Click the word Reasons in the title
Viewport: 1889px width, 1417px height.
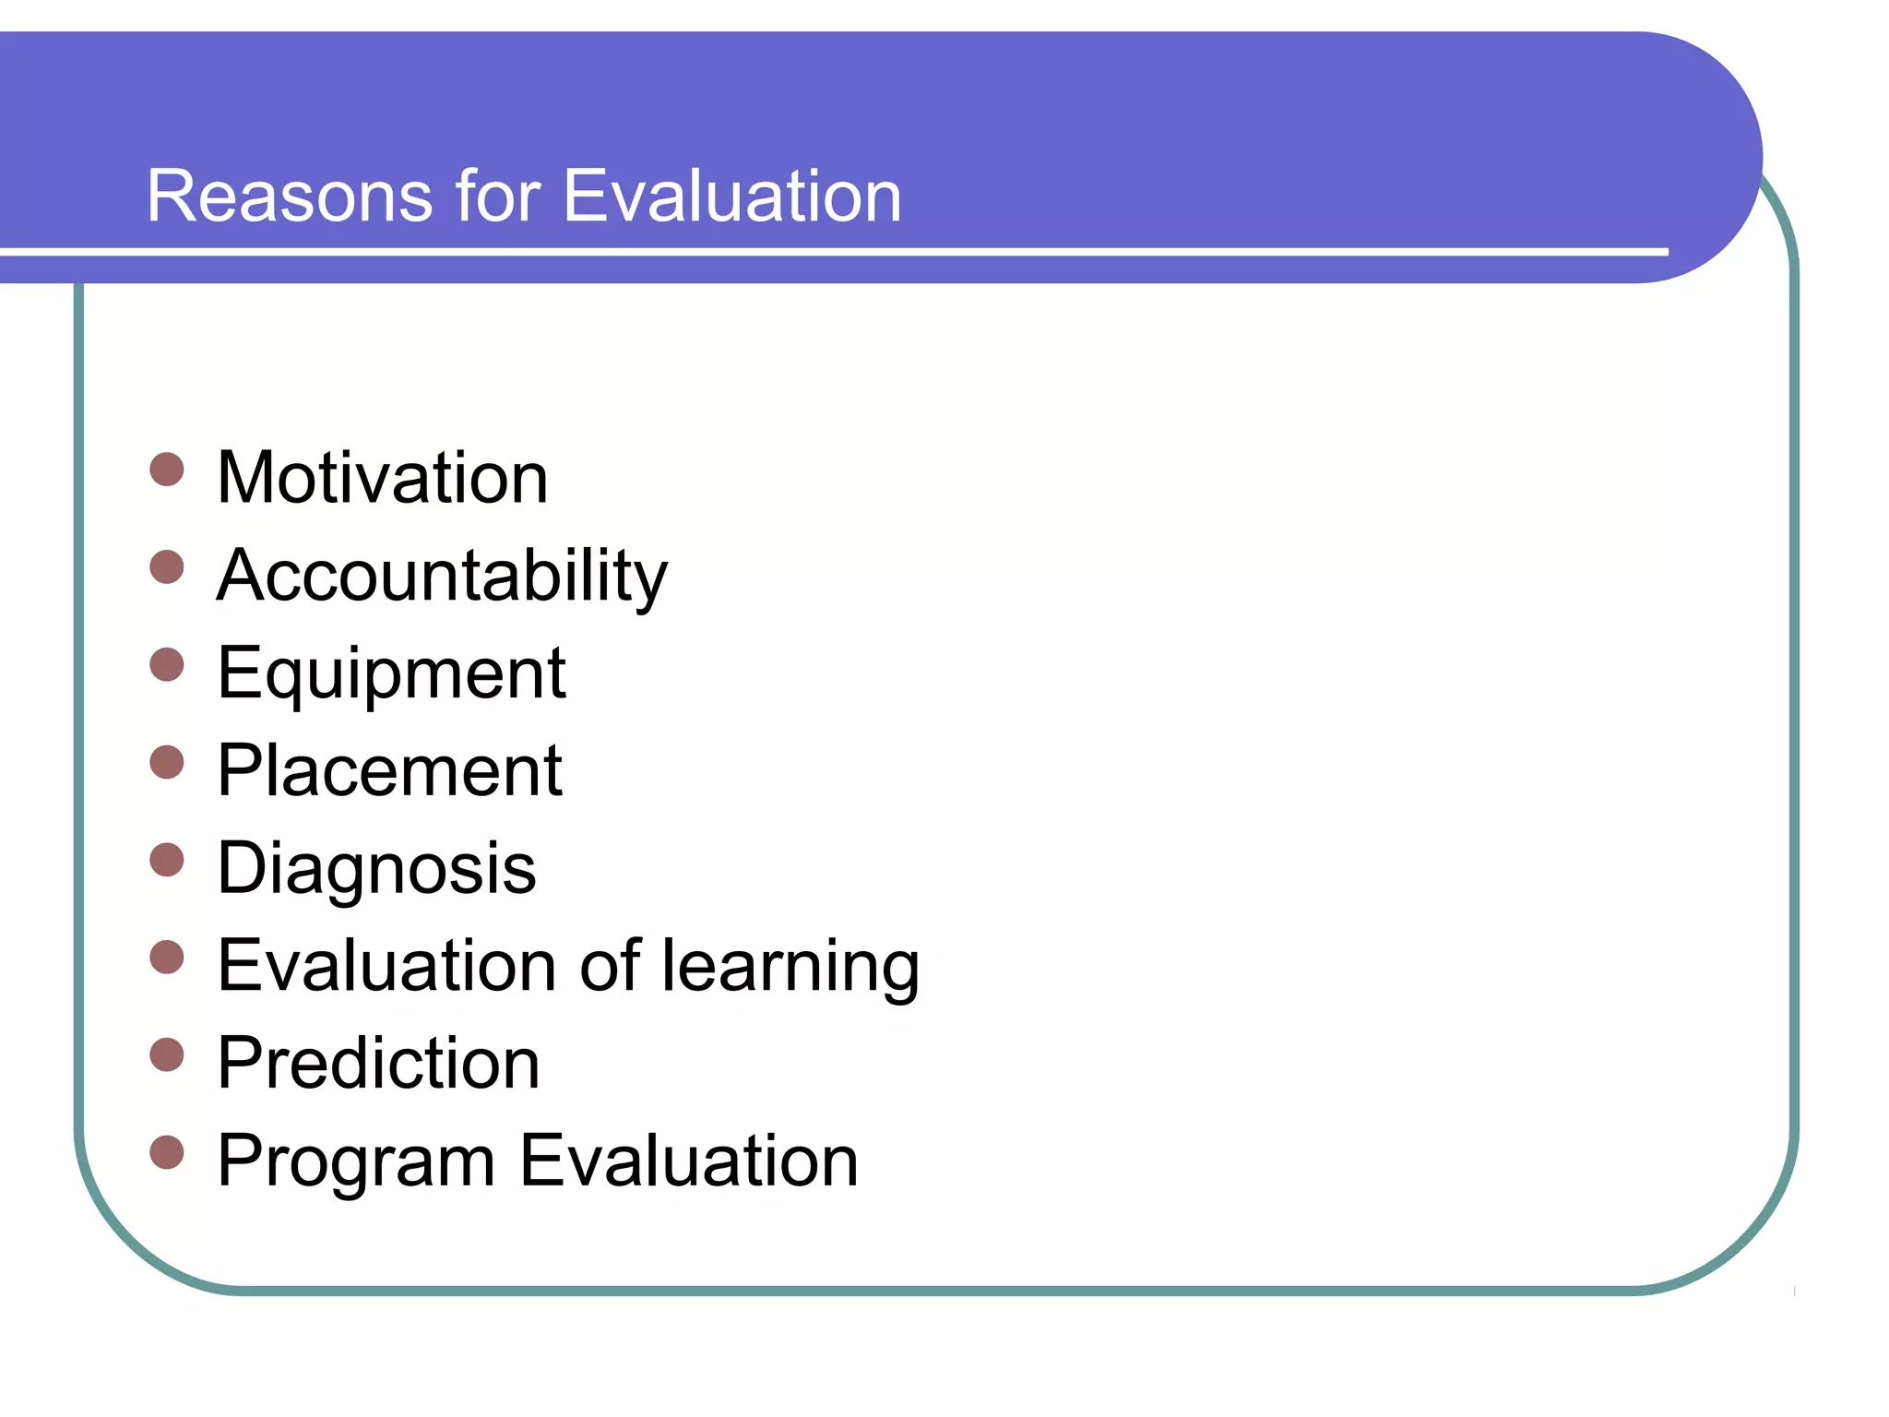click(289, 196)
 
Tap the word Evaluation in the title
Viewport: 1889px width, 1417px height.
click(731, 196)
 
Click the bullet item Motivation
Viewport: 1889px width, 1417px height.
click(383, 478)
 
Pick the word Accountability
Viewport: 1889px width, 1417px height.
click(442, 577)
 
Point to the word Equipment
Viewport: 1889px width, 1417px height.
click(391, 674)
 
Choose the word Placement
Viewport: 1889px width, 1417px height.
click(389, 771)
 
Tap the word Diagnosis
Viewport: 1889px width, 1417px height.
click(376, 869)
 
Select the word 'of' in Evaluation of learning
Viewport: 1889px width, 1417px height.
click(610, 966)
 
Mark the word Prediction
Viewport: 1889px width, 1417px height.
click(378, 1064)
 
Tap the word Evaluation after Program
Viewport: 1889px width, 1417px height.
click(689, 1161)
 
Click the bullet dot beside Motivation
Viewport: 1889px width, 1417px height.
click(167, 469)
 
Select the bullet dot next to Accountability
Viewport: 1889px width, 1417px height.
click(167, 566)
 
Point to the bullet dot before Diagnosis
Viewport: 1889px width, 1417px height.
click(167, 859)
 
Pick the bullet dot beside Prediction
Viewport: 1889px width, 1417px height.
click(167, 1054)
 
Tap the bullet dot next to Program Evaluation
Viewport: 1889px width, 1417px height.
click(167, 1152)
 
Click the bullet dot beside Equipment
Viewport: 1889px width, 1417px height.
click(167, 664)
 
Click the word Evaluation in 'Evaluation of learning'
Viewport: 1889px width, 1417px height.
click(386, 966)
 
